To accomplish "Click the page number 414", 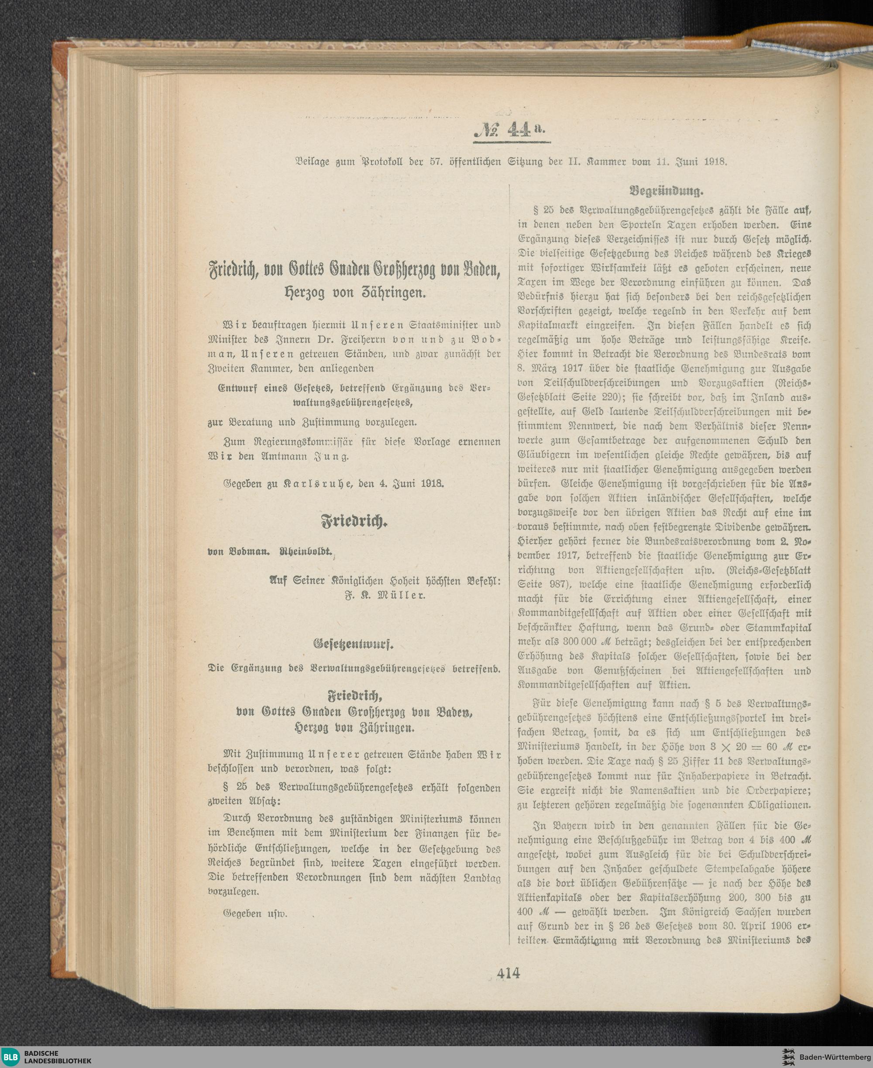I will point(509,973).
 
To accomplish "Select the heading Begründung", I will point(666,191).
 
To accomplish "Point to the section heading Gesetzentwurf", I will point(354,644).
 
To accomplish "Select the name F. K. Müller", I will point(385,595).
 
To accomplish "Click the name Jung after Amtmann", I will point(331,457).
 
